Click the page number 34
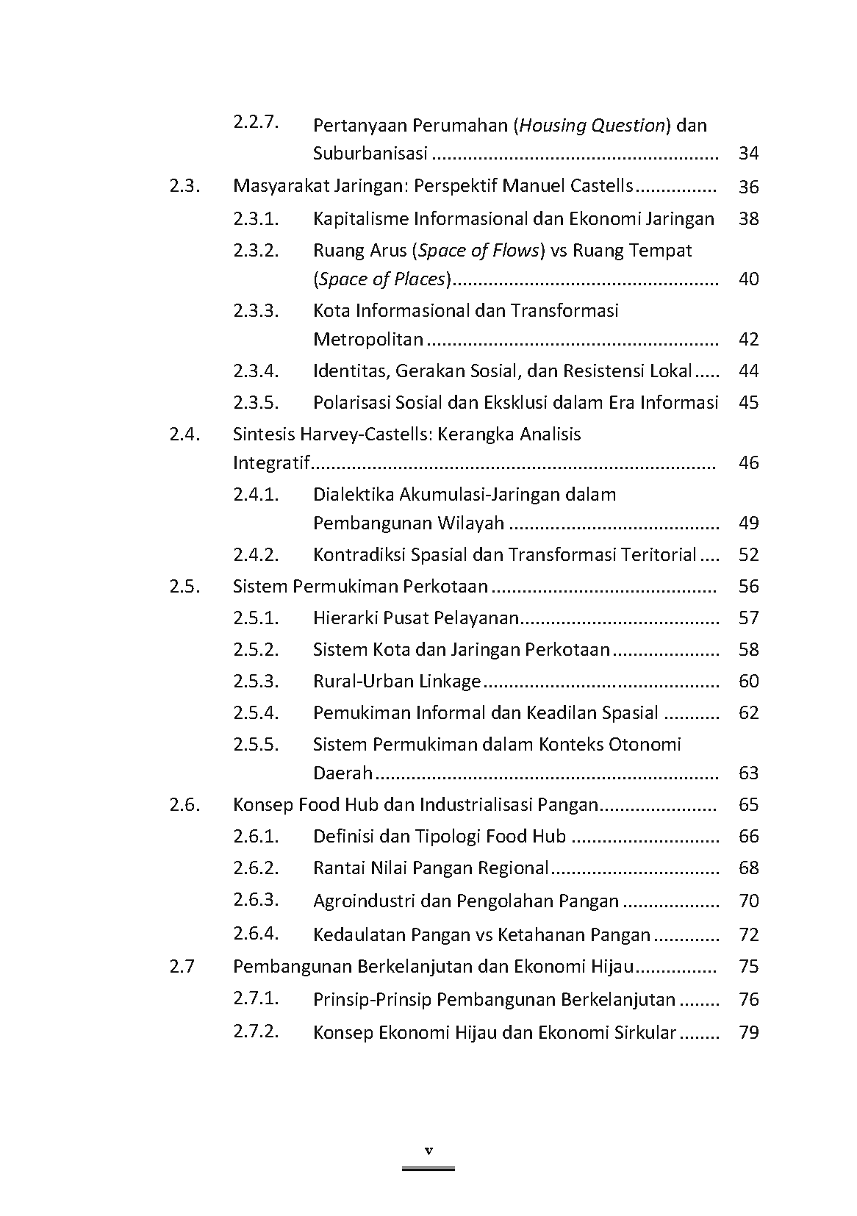click(x=748, y=154)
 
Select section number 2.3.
click(x=184, y=186)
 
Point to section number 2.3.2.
click(x=257, y=250)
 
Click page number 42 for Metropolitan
click(x=748, y=340)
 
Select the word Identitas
click(x=351, y=371)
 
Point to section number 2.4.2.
click(x=257, y=554)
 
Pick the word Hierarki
click(x=345, y=618)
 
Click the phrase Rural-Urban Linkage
click(x=397, y=682)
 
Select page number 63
click(x=748, y=773)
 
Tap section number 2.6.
click(x=184, y=804)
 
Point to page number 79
click(x=748, y=1033)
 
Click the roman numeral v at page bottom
click(x=428, y=1151)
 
